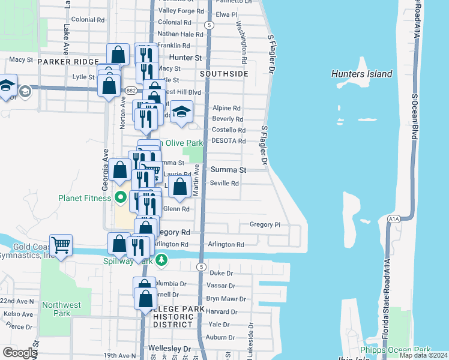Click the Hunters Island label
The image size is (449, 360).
[x=361, y=74]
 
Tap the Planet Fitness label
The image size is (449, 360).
[x=85, y=197]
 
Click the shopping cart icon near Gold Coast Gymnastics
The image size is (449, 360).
[x=61, y=245]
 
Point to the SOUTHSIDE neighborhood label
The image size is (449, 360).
[x=224, y=74]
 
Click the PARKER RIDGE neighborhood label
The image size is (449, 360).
[x=66, y=62]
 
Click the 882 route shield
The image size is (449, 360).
[x=132, y=91]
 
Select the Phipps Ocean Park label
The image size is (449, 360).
[x=395, y=350]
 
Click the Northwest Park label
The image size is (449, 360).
[x=61, y=309]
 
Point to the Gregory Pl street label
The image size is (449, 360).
[x=265, y=224]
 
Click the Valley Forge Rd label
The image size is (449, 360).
[x=181, y=11]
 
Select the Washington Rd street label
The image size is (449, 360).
[x=241, y=43]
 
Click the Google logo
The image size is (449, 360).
[x=19, y=353]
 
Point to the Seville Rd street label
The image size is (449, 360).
[x=224, y=183]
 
